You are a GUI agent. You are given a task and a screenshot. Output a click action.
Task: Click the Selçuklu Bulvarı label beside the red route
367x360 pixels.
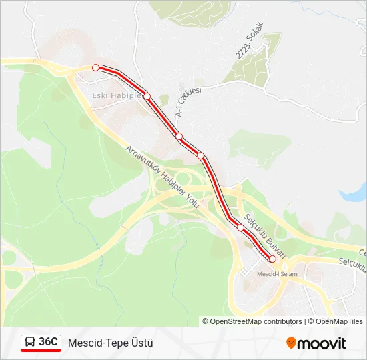[265, 235]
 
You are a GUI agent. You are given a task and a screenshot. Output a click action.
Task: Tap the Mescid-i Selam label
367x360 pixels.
[277, 273]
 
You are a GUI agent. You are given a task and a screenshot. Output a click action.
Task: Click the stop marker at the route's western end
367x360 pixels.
[95, 67]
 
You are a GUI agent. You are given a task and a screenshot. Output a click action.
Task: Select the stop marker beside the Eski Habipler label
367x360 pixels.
[147, 96]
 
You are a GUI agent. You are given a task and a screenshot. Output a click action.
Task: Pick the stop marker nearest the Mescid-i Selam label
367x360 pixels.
[272, 259]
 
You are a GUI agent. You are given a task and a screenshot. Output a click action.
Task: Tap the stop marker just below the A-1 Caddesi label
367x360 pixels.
[179, 136]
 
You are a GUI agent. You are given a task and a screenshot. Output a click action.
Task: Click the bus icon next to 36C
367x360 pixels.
[30, 343]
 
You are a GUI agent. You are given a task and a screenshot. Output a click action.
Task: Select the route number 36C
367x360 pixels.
[48, 342]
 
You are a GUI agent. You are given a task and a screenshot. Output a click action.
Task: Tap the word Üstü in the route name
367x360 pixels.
[140, 343]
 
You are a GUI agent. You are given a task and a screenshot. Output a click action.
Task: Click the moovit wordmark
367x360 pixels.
[322, 343]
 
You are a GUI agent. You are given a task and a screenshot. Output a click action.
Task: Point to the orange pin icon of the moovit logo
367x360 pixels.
[291, 343]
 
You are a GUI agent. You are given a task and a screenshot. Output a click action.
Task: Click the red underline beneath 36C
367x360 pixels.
[41, 351]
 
